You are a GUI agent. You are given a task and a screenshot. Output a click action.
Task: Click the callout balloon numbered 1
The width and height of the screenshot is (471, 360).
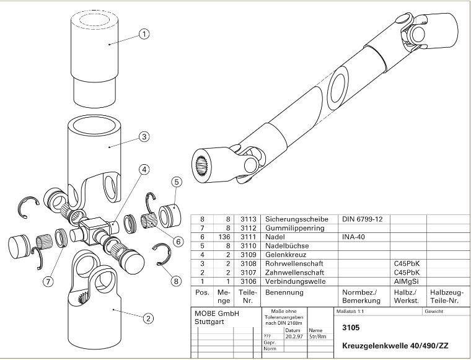click(x=144, y=34)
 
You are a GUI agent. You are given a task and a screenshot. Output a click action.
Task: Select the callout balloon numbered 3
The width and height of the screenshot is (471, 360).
click(x=144, y=137)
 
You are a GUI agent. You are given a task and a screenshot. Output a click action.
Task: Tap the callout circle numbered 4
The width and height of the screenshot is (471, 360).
click(x=143, y=169)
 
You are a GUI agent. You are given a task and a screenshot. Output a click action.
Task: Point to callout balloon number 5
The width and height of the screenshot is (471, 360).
click(x=176, y=182)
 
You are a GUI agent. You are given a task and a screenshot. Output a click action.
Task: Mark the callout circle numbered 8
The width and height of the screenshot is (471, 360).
click(x=176, y=281)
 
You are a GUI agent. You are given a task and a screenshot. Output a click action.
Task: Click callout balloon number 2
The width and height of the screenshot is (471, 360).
click(x=148, y=318)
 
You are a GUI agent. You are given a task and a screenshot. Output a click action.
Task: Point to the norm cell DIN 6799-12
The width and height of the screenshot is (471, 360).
click(x=363, y=219)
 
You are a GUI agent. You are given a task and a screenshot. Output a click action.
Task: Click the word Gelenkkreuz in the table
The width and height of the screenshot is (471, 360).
click(x=286, y=255)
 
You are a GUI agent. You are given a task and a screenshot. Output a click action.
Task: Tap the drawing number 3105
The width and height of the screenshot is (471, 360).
click(x=351, y=327)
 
